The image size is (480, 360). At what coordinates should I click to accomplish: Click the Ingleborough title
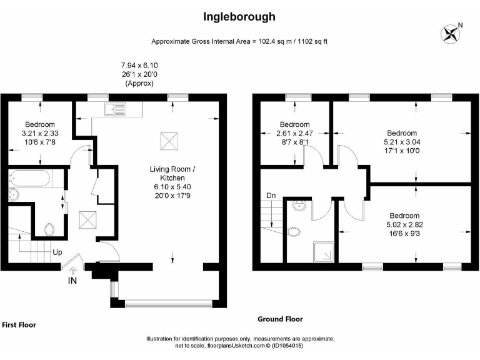pos(239,17)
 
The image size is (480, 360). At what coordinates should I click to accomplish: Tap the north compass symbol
pos(449,32)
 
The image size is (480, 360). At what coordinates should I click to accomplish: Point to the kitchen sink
pos(116,111)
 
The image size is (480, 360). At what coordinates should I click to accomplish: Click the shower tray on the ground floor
pos(323,252)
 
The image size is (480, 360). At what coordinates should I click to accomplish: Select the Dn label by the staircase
pos(271,196)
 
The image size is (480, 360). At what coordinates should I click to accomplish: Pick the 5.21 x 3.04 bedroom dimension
pos(401,142)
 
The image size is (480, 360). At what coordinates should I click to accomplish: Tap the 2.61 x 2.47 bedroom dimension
pos(294,133)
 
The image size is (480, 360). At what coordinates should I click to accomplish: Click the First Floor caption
pos(19,325)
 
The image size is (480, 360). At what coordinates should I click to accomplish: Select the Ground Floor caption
pos(280,319)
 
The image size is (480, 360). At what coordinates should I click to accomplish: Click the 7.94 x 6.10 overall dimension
pos(139,65)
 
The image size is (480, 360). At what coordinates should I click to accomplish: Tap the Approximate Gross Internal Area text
pos(239,42)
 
